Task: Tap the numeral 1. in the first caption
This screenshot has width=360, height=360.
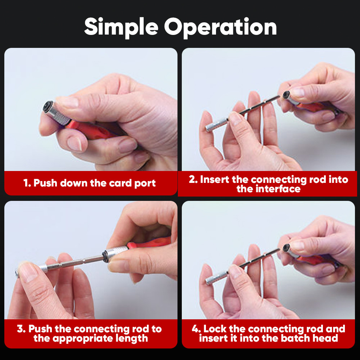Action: point(27,183)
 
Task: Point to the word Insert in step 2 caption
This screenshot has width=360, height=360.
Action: point(215,179)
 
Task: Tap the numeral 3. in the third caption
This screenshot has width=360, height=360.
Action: point(22,329)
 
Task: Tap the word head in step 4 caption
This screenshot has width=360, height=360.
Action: point(328,338)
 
